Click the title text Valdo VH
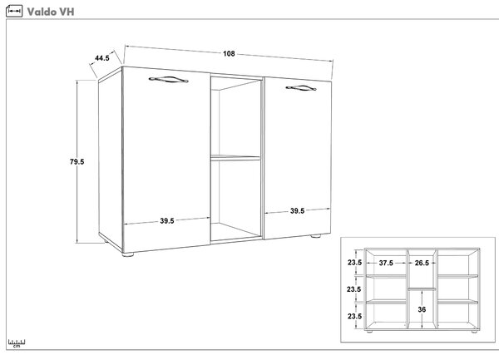coord(51,12)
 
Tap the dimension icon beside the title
coord(14,11)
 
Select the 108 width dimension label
coord(229,54)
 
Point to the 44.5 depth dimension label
coord(102,58)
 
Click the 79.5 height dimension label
coord(77,162)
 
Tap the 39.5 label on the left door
coord(167,220)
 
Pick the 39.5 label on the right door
coord(297,211)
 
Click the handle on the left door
coord(168,80)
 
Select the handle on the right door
coord(301,88)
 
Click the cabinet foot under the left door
coord(128,254)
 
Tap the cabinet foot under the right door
coord(316,236)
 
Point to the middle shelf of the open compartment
coord(235,158)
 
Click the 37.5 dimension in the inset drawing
coord(386,263)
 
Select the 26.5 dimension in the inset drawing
coord(422,263)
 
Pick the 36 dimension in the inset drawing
coord(422,309)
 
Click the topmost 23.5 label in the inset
coord(354,263)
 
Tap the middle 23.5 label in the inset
coord(354,289)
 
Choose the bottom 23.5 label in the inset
coord(354,316)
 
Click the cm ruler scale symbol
coord(17,343)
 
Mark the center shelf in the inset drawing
coord(422,288)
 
